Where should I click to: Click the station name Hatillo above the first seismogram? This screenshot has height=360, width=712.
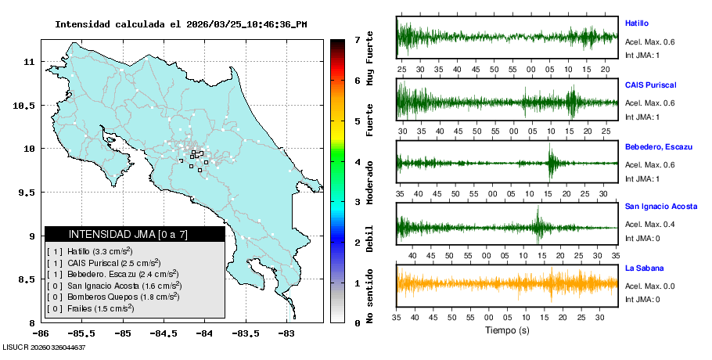pyautogui.click(x=637, y=23)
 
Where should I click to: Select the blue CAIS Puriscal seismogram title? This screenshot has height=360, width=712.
pyautogui.click(x=650, y=85)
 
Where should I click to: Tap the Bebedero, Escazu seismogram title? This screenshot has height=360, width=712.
pyautogui.click(x=656, y=146)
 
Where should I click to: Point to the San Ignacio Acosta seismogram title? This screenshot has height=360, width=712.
pyautogui.click(x=661, y=207)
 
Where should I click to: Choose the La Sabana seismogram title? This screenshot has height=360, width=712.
pyautogui.click(x=644, y=268)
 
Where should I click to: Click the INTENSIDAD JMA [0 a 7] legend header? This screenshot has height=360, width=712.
pyautogui.click(x=135, y=234)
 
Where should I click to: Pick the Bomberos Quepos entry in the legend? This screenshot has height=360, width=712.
pyautogui.click(x=113, y=297)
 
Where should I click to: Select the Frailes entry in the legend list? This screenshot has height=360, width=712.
pyautogui.click(x=91, y=309)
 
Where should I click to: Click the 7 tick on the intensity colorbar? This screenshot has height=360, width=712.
pyautogui.click(x=357, y=39)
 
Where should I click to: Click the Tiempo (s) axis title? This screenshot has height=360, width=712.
pyautogui.click(x=507, y=331)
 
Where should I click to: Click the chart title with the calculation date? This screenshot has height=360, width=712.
pyautogui.click(x=181, y=24)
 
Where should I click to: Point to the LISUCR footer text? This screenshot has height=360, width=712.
pyautogui.click(x=44, y=347)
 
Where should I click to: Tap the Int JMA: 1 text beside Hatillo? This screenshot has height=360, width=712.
pyautogui.click(x=642, y=56)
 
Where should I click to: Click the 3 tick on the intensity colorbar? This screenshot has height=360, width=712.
pyautogui.click(x=357, y=202)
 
